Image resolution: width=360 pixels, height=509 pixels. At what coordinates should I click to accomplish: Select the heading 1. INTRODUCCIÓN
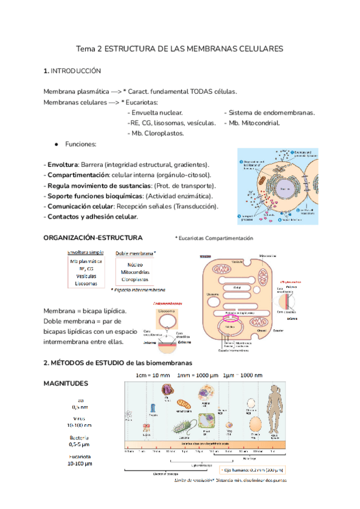click(72, 71)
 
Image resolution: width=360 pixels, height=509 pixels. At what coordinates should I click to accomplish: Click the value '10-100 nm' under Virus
click(80, 424)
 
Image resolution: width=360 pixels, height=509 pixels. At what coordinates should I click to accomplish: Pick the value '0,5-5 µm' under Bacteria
click(80, 445)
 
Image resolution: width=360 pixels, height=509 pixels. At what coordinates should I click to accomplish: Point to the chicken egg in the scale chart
click(254, 423)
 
